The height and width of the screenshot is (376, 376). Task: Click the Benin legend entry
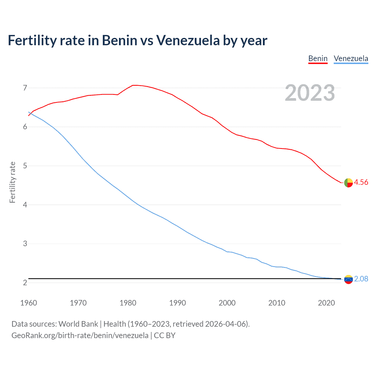pos(318,58)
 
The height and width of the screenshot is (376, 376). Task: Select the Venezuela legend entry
pos(351,58)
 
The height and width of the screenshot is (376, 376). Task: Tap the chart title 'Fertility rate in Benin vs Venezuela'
pos(137,40)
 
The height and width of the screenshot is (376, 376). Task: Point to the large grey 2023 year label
pos(310,93)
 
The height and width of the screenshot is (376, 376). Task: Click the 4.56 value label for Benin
pos(361,182)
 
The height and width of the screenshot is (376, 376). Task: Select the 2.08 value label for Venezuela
pos(361,279)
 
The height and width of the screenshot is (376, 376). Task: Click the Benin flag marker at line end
pos(348,183)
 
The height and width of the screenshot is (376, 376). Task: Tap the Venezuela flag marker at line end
pos(348,279)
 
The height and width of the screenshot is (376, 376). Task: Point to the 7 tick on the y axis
pos(25,88)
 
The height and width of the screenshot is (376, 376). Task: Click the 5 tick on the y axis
pos(25,166)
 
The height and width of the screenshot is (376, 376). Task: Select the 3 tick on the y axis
pos(25,244)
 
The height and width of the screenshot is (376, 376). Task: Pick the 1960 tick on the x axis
pos(28,303)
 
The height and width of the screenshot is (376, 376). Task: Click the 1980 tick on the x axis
pos(128,303)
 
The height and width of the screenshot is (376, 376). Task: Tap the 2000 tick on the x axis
pos(227,303)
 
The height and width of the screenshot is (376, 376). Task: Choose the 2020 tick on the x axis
pos(326,303)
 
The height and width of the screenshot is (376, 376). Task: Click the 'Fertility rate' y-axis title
pos(12,182)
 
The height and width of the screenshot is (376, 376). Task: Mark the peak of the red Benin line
pos(134,85)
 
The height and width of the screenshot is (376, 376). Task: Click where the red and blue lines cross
pos(30,113)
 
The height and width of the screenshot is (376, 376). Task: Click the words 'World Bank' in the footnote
pos(78,324)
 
